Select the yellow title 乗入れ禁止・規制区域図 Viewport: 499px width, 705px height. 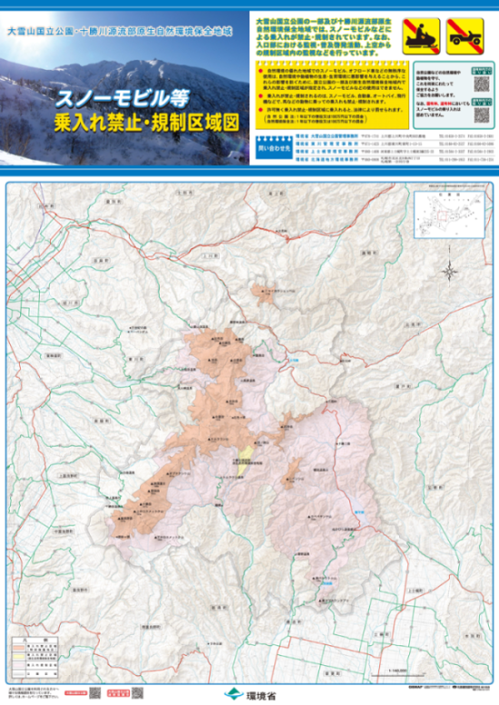coord(132,121)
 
